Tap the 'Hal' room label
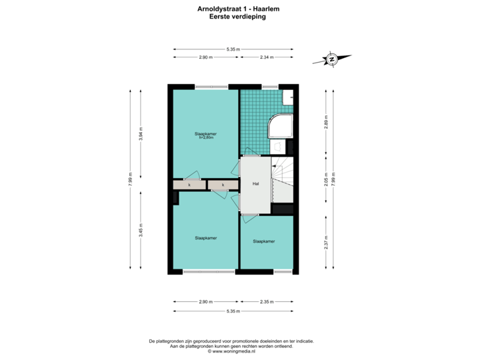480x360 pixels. [x=255, y=183]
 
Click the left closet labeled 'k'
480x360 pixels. [x=189, y=184]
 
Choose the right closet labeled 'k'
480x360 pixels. [x=223, y=184]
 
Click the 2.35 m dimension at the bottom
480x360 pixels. [x=267, y=302]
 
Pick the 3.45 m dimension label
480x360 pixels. [x=140, y=229]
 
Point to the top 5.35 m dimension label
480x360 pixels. [x=233, y=49]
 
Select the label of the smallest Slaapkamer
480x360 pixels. [x=265, y=241]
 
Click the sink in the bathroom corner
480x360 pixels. [x=289, y=97]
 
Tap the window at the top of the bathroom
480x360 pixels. [x=270, y=86]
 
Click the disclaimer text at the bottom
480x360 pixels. [x=231, y=345]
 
